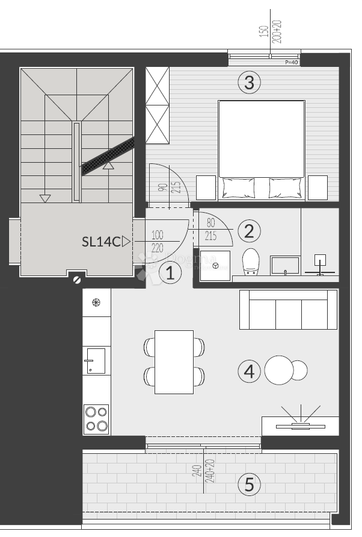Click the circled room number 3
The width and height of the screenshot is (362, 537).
(x=249, y=82)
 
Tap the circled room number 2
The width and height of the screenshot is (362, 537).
(x=249, y=231)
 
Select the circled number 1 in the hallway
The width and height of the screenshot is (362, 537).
(x=170, y=274)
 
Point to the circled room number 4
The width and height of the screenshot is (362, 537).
(x=249, y=371)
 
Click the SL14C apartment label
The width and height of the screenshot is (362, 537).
(x=101, y=242)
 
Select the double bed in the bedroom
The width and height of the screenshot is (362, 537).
(x=262, y=148)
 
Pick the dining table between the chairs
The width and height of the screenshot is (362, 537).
(x=174, y=362)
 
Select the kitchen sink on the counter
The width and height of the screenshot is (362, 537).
(x=96, y=361)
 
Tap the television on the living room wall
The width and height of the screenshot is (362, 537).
(x=300, y=426)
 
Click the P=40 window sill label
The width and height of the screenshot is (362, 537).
(x=290, y=62)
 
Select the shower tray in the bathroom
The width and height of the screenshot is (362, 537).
(x=215, y=265)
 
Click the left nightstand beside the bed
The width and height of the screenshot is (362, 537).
(x=206, y=187)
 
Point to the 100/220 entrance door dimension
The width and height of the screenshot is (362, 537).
(x=158, y=241)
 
